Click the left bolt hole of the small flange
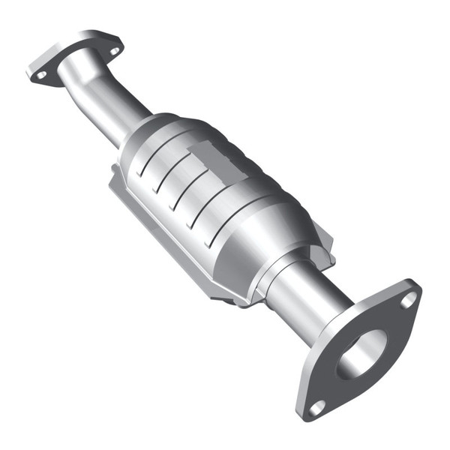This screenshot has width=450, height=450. pos(42,75)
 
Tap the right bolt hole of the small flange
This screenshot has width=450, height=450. pos(114,51)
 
